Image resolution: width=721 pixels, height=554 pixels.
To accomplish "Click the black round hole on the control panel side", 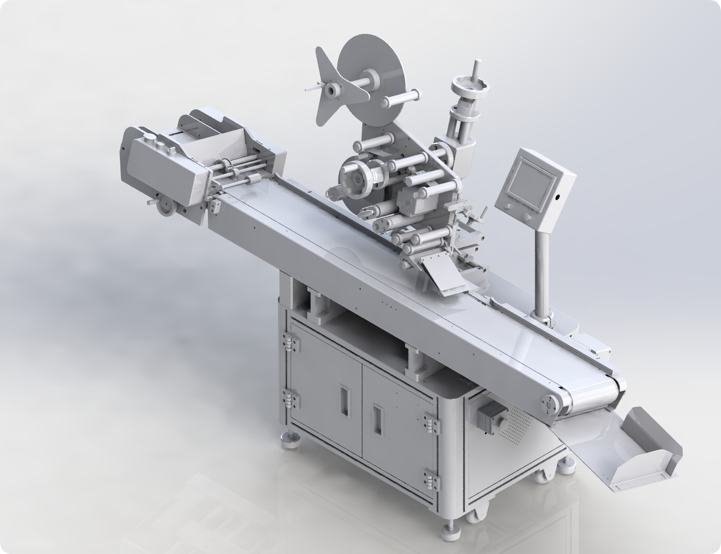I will [557, 197].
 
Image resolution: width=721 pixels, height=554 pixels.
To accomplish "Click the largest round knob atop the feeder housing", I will [150, 137].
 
